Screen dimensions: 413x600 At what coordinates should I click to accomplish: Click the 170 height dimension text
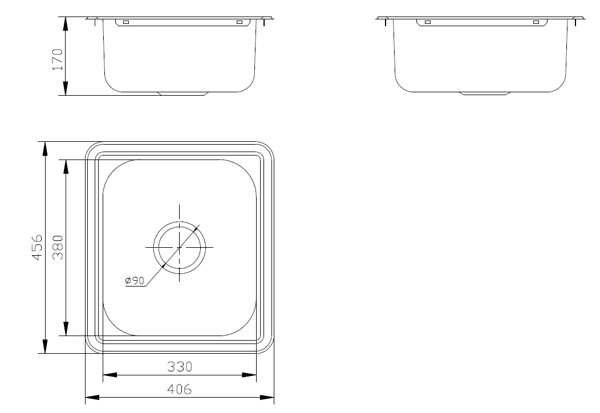57,59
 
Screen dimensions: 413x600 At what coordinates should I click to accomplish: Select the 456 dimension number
37,247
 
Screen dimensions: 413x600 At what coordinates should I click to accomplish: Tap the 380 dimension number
57,247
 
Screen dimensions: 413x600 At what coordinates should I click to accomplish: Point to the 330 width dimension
180,367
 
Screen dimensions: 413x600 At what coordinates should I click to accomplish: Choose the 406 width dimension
180,390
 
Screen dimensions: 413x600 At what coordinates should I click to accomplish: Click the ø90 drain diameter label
134,280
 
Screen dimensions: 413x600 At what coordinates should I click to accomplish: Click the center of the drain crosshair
180,247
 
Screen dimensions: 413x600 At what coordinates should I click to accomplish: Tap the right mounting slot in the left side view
239,22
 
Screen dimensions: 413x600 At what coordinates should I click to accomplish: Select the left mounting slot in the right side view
427,22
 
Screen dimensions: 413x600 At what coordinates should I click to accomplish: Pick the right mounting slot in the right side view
536,22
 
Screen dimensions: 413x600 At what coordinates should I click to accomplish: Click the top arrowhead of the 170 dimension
65,23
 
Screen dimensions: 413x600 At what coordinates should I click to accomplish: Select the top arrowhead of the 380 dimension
66,166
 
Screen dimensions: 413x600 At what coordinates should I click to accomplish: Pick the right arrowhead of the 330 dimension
249,375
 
